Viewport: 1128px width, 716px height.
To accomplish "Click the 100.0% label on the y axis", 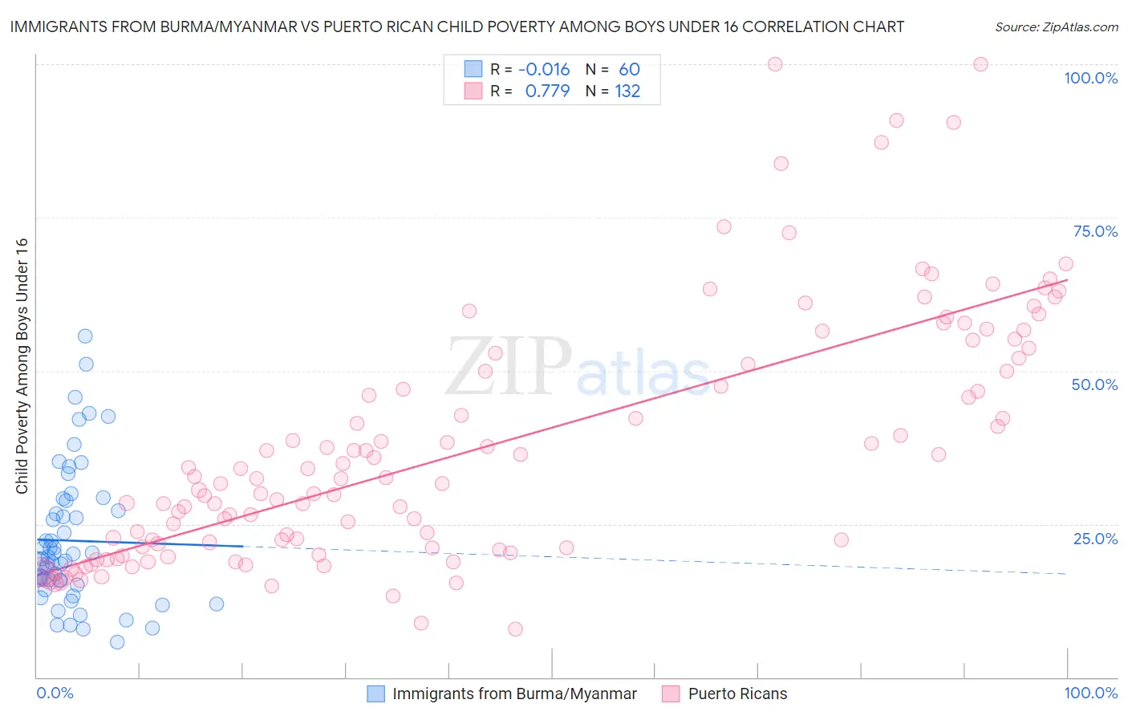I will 1090,78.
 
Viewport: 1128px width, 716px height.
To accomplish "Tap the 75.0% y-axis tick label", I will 1095,231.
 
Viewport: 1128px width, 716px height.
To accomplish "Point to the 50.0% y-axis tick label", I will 1094,384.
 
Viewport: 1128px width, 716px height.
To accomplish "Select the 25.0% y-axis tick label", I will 1095,538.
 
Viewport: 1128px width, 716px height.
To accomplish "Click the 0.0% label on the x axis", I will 55,693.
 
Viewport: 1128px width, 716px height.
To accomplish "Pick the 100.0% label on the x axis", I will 1090,693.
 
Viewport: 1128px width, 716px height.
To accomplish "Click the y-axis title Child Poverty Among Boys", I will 22,366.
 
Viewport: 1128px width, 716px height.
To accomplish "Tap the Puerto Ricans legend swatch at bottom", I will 671,694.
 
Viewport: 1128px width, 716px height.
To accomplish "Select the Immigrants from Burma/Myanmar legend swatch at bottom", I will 375,694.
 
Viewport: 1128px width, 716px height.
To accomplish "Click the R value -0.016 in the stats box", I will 544,69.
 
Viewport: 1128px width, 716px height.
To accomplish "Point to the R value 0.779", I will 547,91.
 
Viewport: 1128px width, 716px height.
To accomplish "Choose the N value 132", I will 627,91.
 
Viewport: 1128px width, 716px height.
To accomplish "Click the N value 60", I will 629,69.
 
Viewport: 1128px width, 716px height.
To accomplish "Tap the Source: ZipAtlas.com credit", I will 1056,26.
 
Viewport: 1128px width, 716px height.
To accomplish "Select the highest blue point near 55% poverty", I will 85,336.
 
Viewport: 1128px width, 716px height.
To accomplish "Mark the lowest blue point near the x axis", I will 117,642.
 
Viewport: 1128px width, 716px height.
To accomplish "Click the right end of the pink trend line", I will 1067,279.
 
